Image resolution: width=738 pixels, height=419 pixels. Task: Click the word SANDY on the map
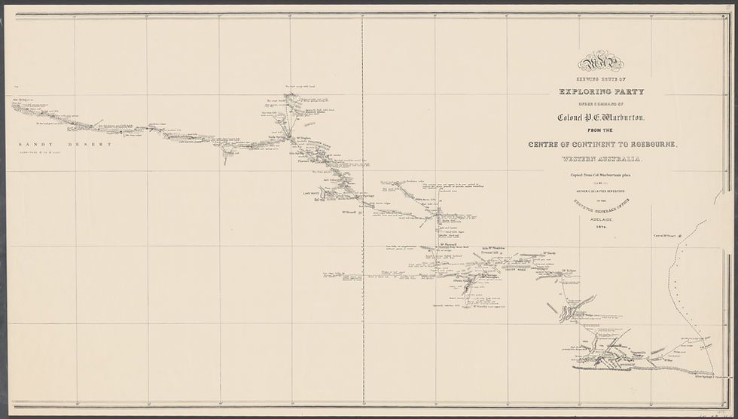click(35, 144)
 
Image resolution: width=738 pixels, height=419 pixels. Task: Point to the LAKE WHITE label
click(312, 193)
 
